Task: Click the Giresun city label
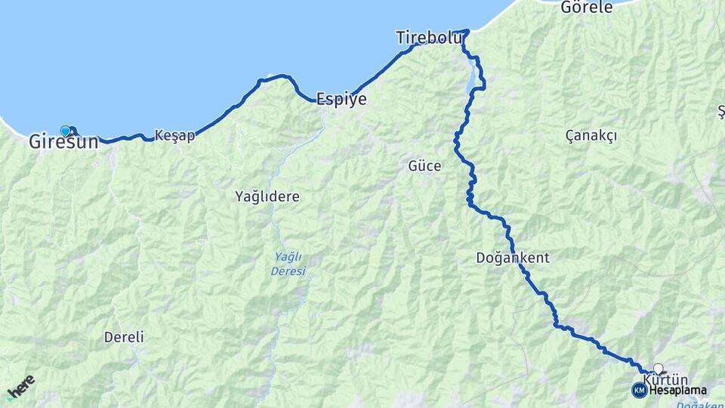63,141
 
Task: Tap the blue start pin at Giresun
65,131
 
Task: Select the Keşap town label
174,135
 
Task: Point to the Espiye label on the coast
341,99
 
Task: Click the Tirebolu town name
428,37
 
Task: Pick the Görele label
587,8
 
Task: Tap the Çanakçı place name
591,135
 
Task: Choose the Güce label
424,166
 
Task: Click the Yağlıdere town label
267,196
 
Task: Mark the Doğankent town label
513,258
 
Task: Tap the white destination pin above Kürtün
659,369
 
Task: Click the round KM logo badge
640,390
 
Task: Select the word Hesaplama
678,391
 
